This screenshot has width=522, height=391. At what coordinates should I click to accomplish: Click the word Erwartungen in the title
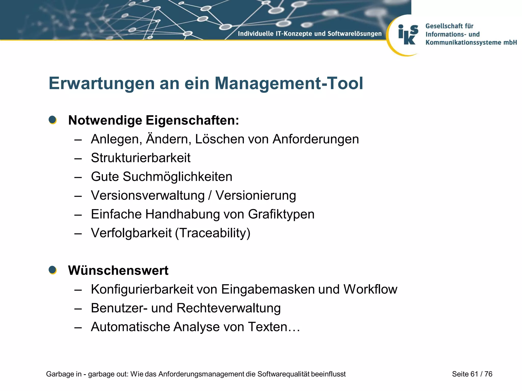pos(102,83)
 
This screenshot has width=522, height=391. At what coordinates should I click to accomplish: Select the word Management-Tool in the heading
pos(289,83)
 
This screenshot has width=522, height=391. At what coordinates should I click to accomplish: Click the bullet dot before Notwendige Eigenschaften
pos(53,120)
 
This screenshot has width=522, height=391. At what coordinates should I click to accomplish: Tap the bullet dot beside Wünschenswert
pos(53,270)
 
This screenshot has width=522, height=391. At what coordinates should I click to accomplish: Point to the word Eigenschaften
pos(192,120)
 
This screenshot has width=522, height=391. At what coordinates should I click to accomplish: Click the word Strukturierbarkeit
pos(141,158)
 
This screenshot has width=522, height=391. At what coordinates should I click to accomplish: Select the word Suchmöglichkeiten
pos(177,177)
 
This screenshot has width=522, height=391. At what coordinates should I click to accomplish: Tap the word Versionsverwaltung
pos(148,195)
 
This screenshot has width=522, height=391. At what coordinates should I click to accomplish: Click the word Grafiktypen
pos(281,214)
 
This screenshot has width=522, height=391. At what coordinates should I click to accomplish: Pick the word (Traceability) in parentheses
pos(213,233)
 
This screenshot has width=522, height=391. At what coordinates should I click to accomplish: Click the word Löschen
pos(218,139)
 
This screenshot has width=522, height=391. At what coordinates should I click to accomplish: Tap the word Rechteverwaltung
pos(228,308)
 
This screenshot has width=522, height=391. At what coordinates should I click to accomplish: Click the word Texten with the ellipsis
pos(274,327)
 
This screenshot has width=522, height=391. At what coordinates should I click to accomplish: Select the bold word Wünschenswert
pos(118,270)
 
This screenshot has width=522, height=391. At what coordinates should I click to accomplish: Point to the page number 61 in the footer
pos(474,374)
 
